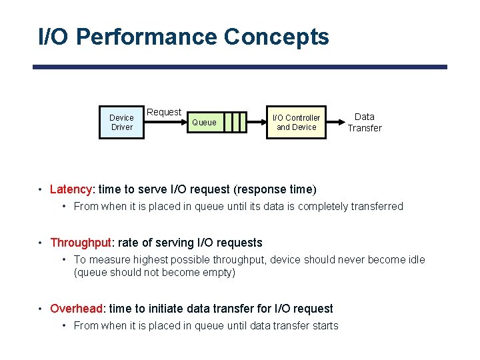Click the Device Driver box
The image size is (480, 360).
click(x=121, y=123)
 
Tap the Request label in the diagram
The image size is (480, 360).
click(x=164, y=112)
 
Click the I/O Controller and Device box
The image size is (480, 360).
click(x=296, y=123)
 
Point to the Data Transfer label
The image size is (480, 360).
click(x=364, y=122)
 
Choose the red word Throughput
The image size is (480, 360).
click(x=81, y=243)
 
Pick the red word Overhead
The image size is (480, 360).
click(x=77, y=309)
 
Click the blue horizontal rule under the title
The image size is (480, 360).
click(x=240, y=67)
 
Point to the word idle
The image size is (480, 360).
click(x=415, y=259)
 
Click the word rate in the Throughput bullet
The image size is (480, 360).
click(x=129, y=243)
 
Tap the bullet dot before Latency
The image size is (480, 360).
click(x=41, y=189)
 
